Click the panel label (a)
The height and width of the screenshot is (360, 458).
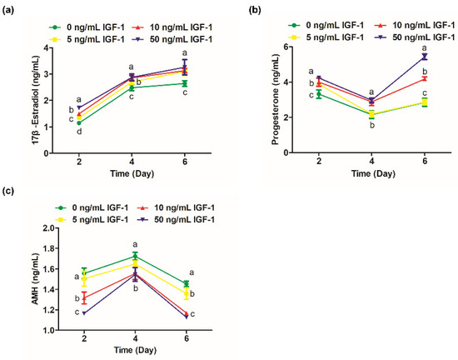point(7,11)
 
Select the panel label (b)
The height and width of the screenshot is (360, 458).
point(254,10)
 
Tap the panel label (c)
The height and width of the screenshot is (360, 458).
point(7,191)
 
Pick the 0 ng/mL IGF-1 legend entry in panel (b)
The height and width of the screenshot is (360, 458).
point(326,26)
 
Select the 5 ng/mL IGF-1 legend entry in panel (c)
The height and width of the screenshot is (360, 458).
point(92,219)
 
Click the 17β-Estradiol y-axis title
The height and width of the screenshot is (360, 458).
point(36,100)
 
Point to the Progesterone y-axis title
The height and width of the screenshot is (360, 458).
point(275,100)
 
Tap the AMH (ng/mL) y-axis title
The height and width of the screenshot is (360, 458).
point(35,280)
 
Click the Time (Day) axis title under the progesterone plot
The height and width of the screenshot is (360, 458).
point(373,174)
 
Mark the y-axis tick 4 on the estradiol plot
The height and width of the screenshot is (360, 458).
point(46,47)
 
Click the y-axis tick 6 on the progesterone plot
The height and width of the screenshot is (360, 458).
point(286,47)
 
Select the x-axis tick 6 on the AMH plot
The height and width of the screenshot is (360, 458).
point(187,338)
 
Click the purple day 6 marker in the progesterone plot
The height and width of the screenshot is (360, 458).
point(425,57)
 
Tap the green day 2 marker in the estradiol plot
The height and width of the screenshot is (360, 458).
point(79,123)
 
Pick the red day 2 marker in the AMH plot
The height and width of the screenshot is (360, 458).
point(84,298)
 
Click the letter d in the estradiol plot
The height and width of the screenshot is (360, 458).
point(79,132)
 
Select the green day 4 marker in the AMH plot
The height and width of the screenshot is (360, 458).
point(135,257)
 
